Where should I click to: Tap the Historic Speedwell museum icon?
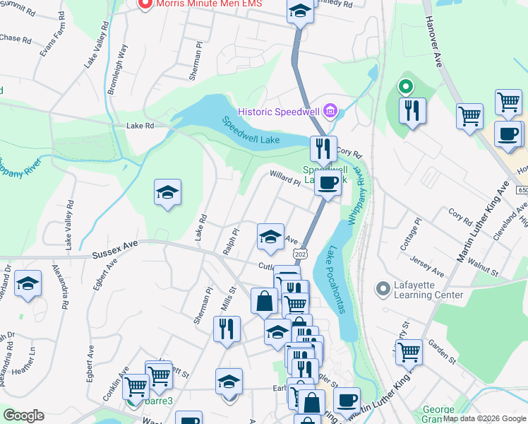(x=332, y=111)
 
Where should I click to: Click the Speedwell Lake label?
(x=252, y=131)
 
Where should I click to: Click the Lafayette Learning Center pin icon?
(x=383, y=289)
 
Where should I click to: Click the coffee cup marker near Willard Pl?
(x=327, y=183)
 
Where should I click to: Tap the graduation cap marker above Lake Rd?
(x=167, y=192)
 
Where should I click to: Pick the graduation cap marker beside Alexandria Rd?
(x=28, y=284)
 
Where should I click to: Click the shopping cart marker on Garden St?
(x=409, y=352)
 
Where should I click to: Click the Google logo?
(x=23, y=416)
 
